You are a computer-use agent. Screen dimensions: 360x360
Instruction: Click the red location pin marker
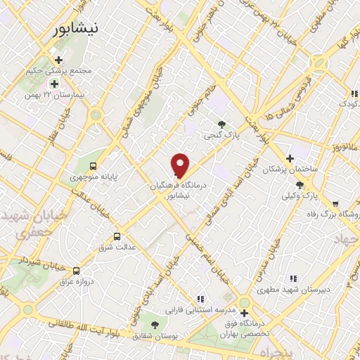[181, 165]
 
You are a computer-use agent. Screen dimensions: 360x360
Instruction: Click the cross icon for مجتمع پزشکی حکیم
[58, 60]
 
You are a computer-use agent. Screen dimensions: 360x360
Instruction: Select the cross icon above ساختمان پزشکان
[289, 158]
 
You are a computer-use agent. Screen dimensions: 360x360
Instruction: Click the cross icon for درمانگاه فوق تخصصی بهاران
[244, 314]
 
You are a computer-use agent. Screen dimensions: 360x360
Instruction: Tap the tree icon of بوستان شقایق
[155, 324]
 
